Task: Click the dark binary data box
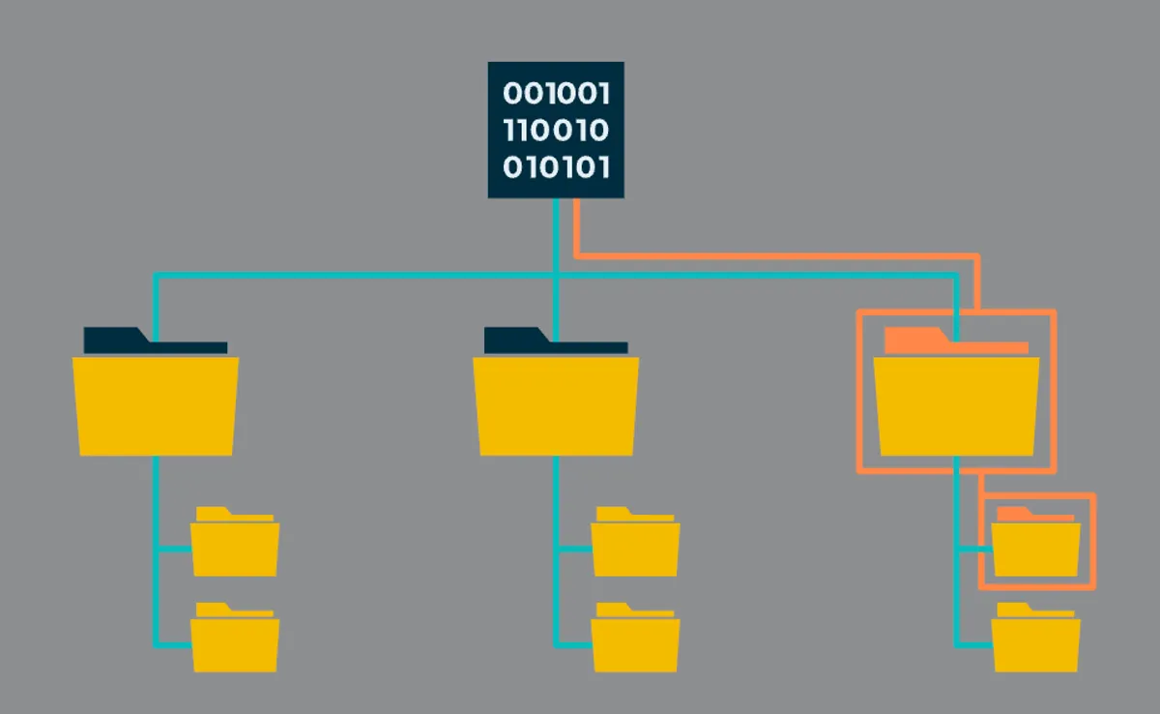pyautogui.click(x=556, y=130)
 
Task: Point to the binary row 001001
pyautogui.click(x=556, y=95)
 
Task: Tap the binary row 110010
pyautogui.click(x=556, y=131)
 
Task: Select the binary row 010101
pyautogui.click(x=556, y=167)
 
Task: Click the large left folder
pyautogui.click(x=155, y=404)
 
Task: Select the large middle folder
pyautogui.click(x=556, y=404)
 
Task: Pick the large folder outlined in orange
pyautogui.click(x=956, y=404)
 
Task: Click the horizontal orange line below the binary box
pyautogui.click(x=773, y=256)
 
